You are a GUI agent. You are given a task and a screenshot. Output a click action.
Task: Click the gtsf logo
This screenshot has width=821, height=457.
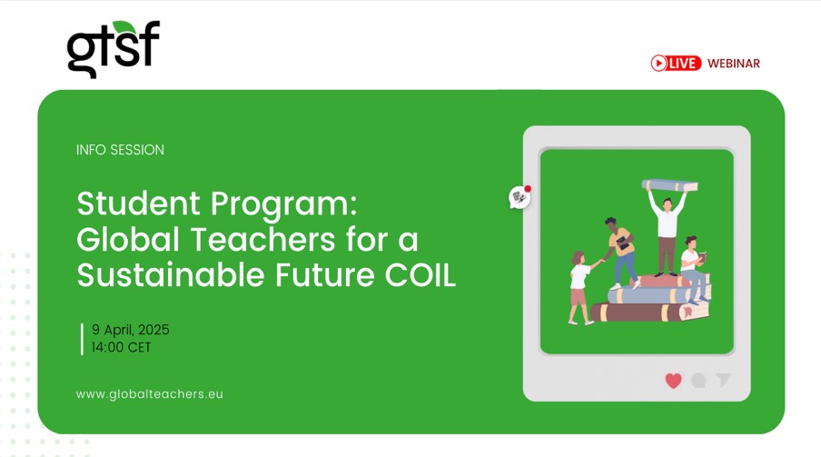(x=114, y=49)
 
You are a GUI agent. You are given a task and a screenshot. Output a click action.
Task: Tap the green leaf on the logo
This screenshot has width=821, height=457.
(x=124, y=26)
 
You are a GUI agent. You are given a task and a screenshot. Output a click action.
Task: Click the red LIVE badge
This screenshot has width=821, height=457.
(x=676, y=63)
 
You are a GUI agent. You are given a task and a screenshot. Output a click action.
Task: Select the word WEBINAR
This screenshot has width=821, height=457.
(x=734, y=64)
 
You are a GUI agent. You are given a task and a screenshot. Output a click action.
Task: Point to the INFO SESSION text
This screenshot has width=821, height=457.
(x=120, y=150)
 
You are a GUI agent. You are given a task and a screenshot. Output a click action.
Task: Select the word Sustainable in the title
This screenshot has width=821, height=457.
(x=171, y=275)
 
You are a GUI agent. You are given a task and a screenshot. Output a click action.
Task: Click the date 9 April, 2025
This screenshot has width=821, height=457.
(x=131, y=330)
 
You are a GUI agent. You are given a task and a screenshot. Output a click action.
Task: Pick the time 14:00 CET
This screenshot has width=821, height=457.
(x=121, y=347)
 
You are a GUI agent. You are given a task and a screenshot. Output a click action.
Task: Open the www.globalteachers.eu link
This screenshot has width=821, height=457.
(x=149, y=394)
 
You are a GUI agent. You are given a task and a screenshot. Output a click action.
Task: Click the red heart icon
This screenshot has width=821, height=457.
(x=673, y=381)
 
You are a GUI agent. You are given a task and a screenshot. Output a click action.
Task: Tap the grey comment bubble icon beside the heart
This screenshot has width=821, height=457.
(x=698, y=380)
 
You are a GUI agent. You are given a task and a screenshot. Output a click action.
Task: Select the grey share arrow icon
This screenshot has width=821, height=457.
(x=723, y=380)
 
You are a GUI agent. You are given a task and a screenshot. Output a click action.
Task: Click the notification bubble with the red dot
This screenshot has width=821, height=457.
(x=519, y=197)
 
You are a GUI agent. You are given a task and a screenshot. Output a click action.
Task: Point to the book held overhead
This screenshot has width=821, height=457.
(x=669, y=185)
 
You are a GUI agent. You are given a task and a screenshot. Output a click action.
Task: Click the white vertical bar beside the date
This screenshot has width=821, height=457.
(x=83, y=339)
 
